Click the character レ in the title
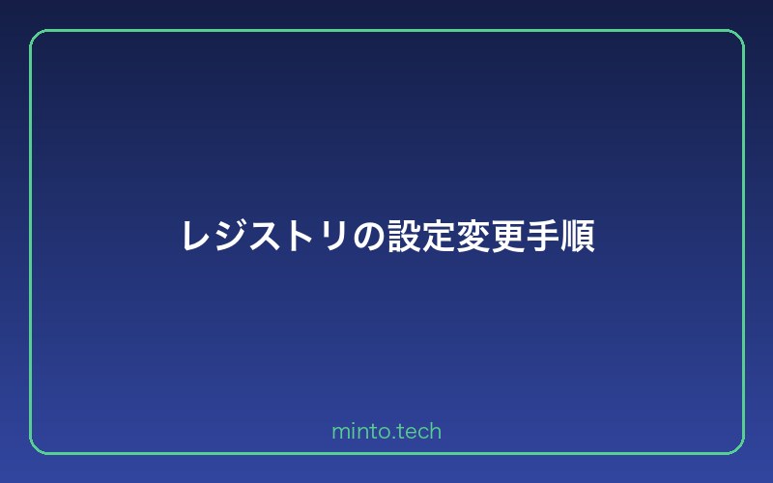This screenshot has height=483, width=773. (196, 236)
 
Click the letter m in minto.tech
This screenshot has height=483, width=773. (339, 432)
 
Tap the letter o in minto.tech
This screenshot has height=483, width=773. (380, 432)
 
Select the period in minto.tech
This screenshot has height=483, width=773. (388, 437)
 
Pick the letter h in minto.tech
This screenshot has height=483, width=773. (435, 431)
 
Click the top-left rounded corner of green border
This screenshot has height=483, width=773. (36, 36)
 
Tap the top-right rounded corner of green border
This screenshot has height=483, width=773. (737, 36)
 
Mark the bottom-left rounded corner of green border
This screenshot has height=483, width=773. (36, 447)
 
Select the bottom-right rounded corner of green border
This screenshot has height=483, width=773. (737, 447)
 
